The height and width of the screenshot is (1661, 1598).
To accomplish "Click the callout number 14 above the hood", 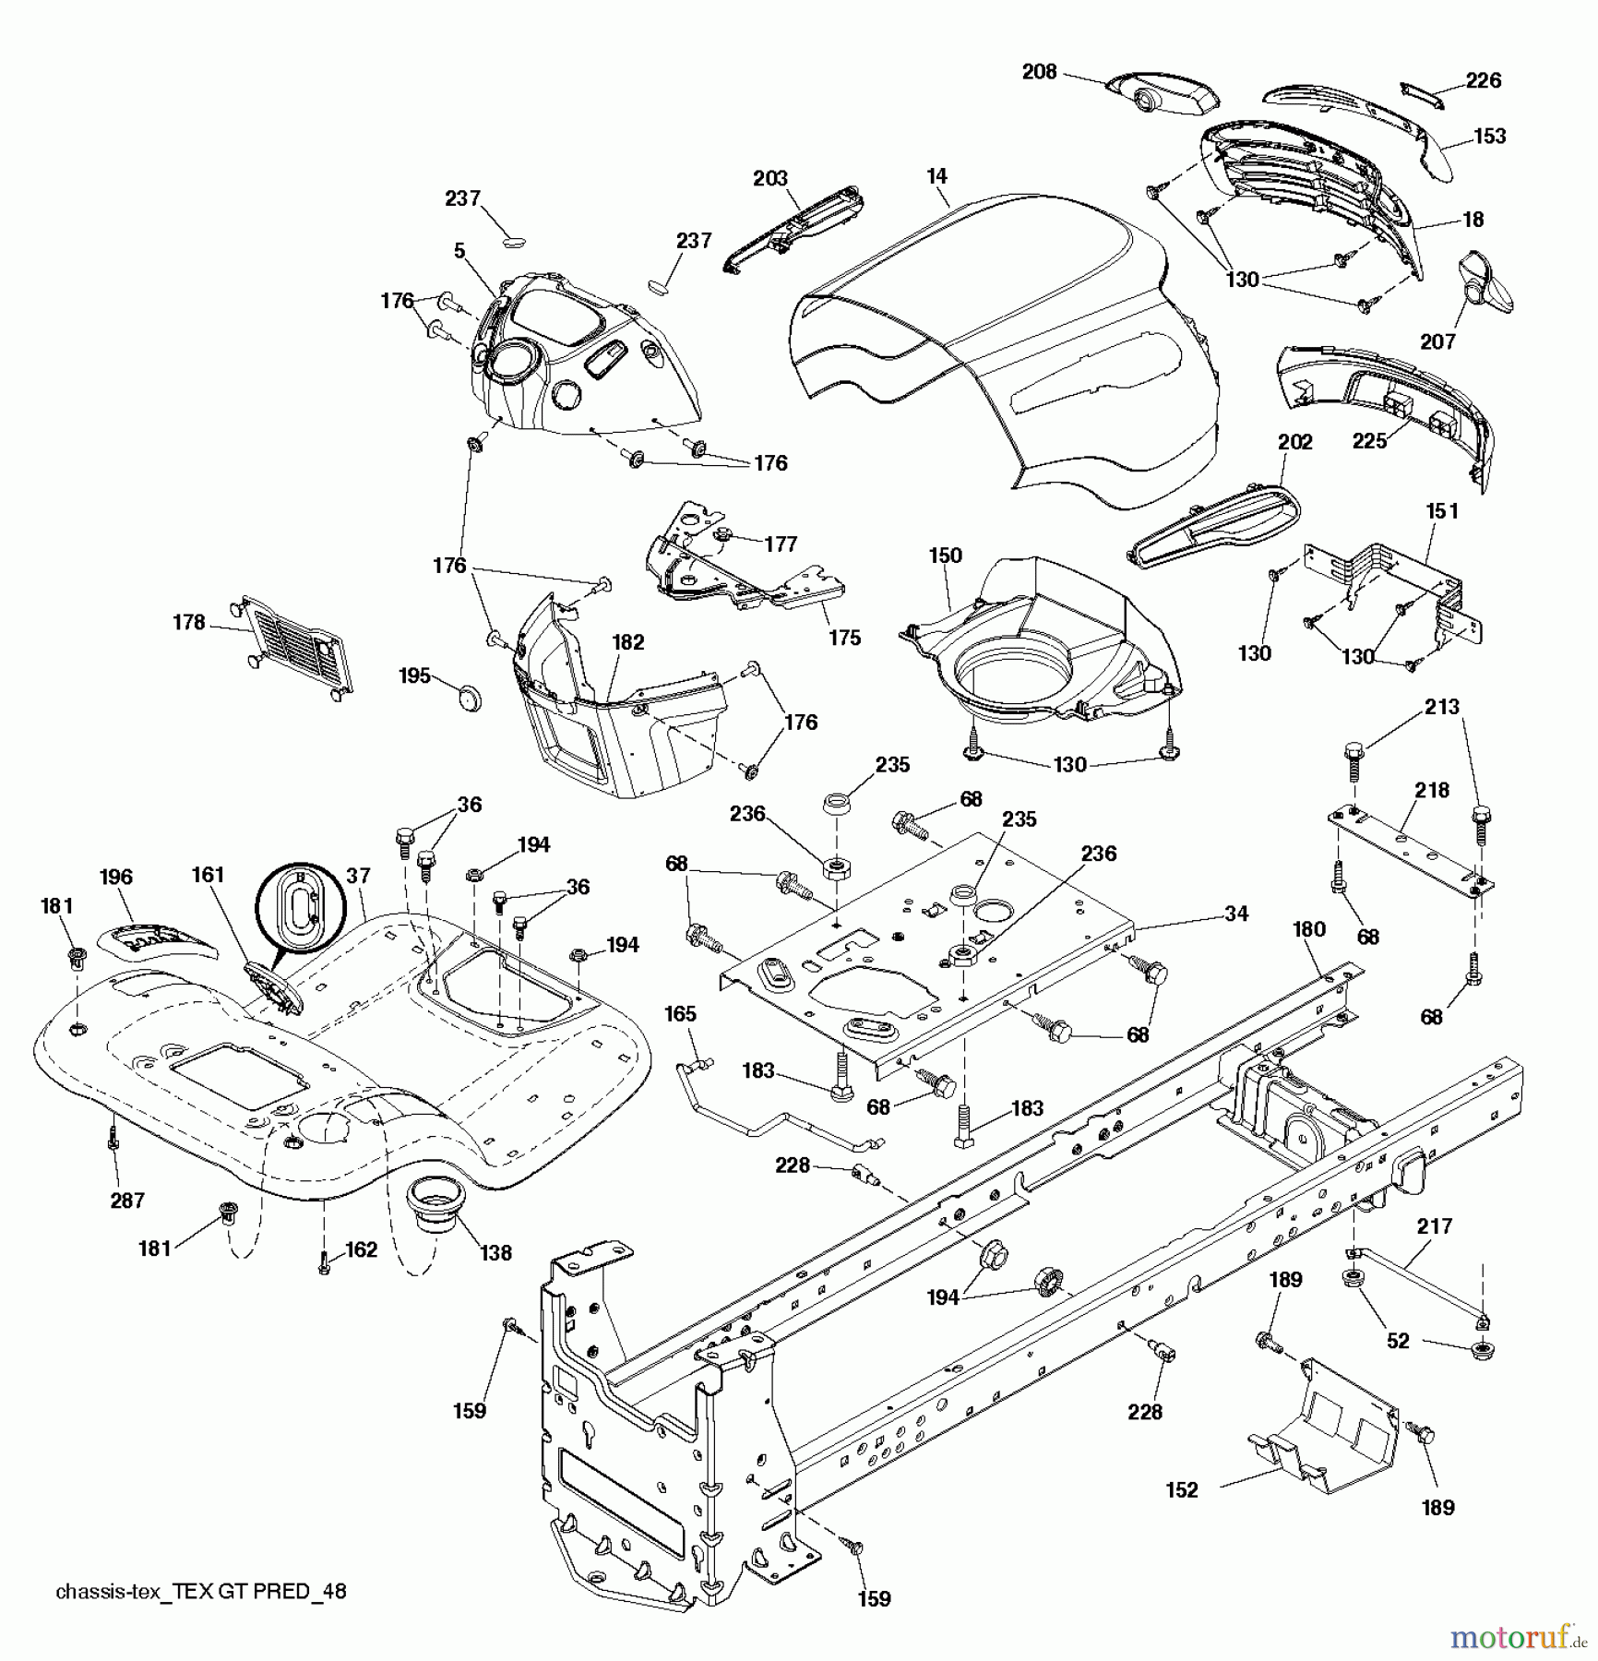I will [x=937, y=175].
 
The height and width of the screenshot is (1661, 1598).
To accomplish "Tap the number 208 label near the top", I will [x=1039, y=72].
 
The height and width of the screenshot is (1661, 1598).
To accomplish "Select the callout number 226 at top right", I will [x=1483, y=80].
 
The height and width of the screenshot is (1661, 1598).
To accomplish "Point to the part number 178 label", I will [x=188, y=622].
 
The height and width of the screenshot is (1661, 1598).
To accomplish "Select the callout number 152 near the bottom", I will [x=1182, y=1489].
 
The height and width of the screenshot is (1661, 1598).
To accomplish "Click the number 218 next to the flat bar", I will [x=1432, y=790].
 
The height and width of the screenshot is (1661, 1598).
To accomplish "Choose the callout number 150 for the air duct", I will [x=945, y=556].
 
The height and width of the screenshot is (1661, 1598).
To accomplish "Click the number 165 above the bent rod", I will [x=680, y=1013].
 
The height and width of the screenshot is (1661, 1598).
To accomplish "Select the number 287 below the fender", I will [x=127, y=1200].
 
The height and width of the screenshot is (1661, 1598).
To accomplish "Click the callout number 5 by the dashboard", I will [x=459, y=251].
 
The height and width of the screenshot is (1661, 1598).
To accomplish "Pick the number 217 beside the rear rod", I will [x=1435, y=1225].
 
